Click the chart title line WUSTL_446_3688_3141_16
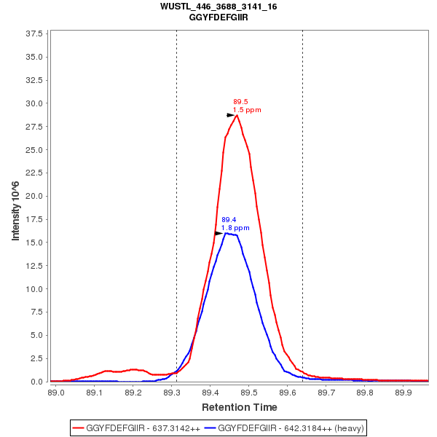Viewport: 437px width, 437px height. (x=219, y=7)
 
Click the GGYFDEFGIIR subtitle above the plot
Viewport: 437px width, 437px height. (x=219, y=17)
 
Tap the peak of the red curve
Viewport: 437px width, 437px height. (x=237, y=115)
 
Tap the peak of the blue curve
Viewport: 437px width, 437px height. (x=227, y=233)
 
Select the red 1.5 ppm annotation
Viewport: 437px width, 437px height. (x=247, y=110)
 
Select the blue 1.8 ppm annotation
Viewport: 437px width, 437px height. (x=235, y=228)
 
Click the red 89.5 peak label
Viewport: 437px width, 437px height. (x=240, y=102)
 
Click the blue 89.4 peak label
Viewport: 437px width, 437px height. (x=229, y=219)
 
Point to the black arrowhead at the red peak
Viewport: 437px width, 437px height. (x=231, y=115)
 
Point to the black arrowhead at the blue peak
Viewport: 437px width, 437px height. (x=219, y=233)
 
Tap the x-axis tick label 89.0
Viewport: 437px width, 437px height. (x=55, y=392)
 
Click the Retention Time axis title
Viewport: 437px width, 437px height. (x=239, y=407)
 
